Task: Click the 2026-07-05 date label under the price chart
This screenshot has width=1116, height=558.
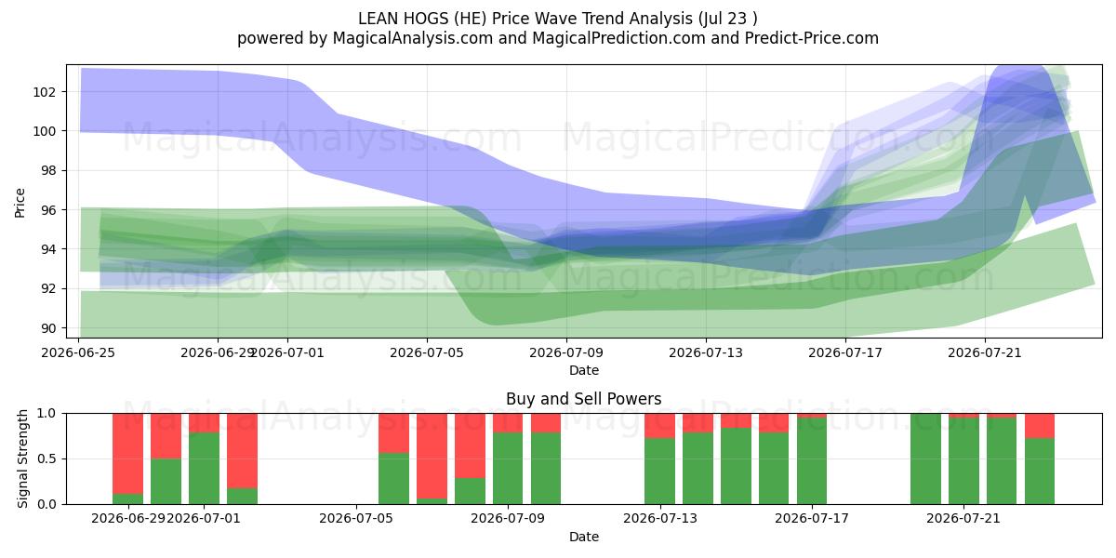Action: pyautogui.click(x=427, y=352)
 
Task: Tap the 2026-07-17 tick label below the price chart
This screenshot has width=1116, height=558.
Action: pyautogui.click(x=845, y=352)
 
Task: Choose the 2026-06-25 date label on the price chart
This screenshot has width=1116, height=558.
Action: pyautogui.click(x=78, y=352)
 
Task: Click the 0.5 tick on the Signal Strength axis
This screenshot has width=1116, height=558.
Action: pyautogui.click(x=46, y=458)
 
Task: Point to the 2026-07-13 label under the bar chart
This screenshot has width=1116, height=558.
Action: pyautogui.click(x=660, y=519)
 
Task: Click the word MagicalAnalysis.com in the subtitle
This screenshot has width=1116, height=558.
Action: pyautogui.click(x=413, y=38)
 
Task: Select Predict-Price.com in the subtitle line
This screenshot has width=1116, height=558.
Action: pyautogui.click(x=812, y=38)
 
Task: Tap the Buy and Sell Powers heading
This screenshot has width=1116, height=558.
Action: pyautogui.click(x=583, y=399)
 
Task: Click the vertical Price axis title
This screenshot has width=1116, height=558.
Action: pyautogui.click(x=20, y=203)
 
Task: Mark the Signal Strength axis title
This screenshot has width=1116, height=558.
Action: pyautogui.click(x=22, y=458)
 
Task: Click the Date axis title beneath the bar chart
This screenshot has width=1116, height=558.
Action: pyautogui.click(x=584, y=537)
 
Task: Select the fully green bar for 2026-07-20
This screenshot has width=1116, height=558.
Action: pyautogui.click(x=925, y=458)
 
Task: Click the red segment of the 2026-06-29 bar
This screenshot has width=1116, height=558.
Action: pyautogui.click(x=127, y=454)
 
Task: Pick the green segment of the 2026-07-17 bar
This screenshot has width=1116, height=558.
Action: pyautogui.click(x=812, y=461)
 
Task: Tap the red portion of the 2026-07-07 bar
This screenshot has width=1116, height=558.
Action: pyautogui.click(x=432, y=456)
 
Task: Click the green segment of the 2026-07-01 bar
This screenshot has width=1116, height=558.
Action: pyautogui.click(x=204, y=469)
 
